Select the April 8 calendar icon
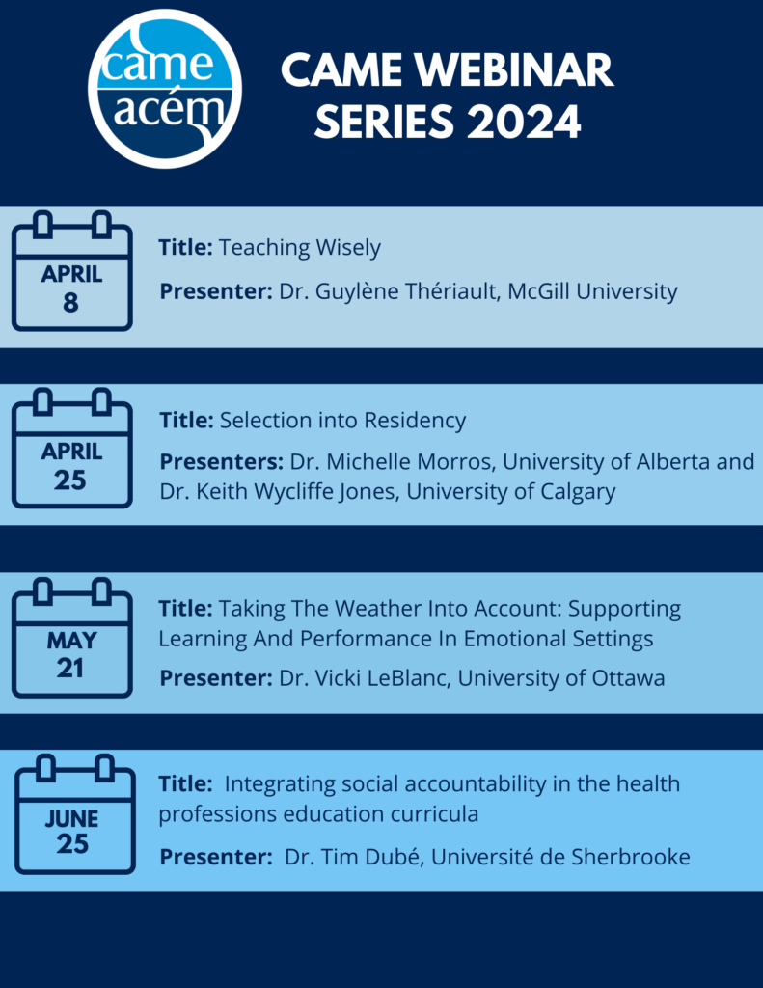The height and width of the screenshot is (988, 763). point(70,272)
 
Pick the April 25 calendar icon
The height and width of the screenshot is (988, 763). point(70,449)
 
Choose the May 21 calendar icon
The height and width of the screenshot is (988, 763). point(70,638)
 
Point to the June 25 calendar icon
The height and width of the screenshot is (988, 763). point(74,815)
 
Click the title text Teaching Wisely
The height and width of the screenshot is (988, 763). point(299,248)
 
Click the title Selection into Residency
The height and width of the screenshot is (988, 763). point(342,421)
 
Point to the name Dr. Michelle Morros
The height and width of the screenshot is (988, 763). point(392,462)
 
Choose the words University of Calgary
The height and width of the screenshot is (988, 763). point(510,492)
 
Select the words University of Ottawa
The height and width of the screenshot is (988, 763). point(560,678)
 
